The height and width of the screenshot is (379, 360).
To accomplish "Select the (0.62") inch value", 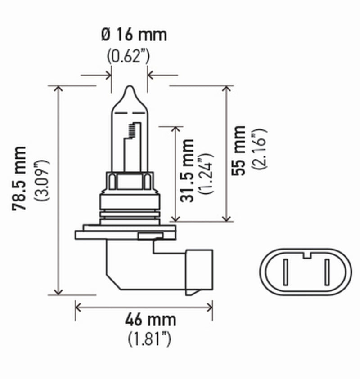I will (128, 56).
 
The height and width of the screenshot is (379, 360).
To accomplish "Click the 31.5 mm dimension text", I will (189, 170).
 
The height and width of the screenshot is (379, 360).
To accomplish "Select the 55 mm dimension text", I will (240, 151).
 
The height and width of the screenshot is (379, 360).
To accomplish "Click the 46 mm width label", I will (144, 321).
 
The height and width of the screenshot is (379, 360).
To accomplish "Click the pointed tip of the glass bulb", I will (129, 88).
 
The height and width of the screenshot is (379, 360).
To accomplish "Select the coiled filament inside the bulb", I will (132, 130).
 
